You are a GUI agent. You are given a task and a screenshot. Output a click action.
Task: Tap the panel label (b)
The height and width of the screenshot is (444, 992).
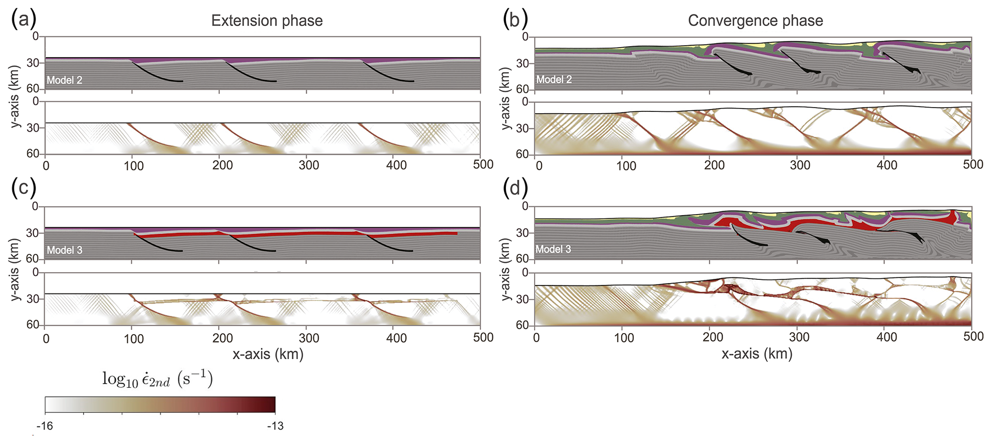coord(515,20)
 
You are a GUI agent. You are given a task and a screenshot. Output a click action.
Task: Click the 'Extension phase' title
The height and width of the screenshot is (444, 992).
coord(267,21)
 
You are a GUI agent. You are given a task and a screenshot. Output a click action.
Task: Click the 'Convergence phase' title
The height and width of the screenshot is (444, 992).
coord(755,21)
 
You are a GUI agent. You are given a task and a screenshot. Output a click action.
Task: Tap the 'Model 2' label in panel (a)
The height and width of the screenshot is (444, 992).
coord(64,80)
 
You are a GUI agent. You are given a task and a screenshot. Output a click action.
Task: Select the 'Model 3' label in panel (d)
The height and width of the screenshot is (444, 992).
coord(553,249)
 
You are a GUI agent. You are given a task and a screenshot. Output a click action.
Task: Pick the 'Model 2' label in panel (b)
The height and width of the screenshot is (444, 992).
coord(554,80)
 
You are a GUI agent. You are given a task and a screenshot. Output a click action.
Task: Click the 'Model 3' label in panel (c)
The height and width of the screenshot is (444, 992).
coord(64,250)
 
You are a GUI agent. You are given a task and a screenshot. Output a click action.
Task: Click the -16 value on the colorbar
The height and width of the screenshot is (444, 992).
coord(45,426)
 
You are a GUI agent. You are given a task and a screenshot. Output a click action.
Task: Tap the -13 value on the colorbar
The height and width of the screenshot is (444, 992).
coord(275,426)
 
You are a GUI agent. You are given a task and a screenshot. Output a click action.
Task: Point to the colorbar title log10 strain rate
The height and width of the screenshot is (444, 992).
coord(157,380)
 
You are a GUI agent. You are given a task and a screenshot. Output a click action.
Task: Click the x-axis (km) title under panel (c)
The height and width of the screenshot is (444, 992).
coord(268,354)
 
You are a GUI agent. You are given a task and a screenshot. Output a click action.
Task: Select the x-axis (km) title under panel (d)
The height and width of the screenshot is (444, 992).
coord(757,354)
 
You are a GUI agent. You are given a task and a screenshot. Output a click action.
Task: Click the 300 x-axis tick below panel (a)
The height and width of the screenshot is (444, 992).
coord(309,165)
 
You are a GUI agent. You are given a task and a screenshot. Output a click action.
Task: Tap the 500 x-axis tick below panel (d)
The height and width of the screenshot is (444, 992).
coord(973,337)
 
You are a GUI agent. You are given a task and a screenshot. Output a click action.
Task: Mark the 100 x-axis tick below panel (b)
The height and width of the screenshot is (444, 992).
coord(626,166)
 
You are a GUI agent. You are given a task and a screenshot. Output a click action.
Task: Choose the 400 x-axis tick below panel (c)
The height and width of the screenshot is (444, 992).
coord(396,338)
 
